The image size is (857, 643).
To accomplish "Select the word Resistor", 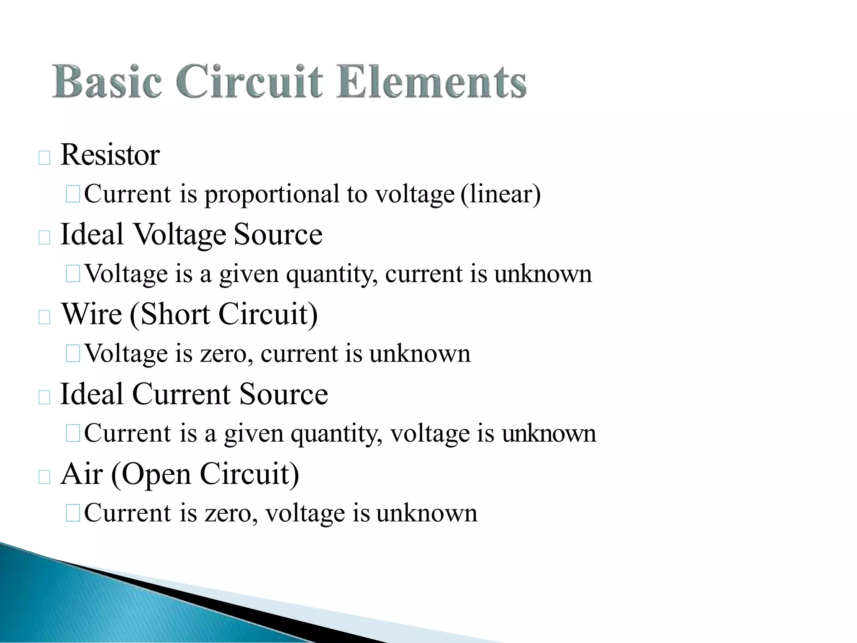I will (110, 155).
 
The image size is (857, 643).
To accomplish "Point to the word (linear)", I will (500, 195).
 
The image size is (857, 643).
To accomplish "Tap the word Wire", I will (92, 314).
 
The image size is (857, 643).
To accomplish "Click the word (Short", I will (170, 314).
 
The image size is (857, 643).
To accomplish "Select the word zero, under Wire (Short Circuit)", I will (226, 354).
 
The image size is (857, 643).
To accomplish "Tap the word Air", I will (82, 474).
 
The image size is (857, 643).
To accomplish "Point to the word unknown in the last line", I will (426, 513).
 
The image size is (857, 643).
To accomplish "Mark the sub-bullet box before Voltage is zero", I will (73, 354).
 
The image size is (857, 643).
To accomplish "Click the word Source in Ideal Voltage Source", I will (278, 234).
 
